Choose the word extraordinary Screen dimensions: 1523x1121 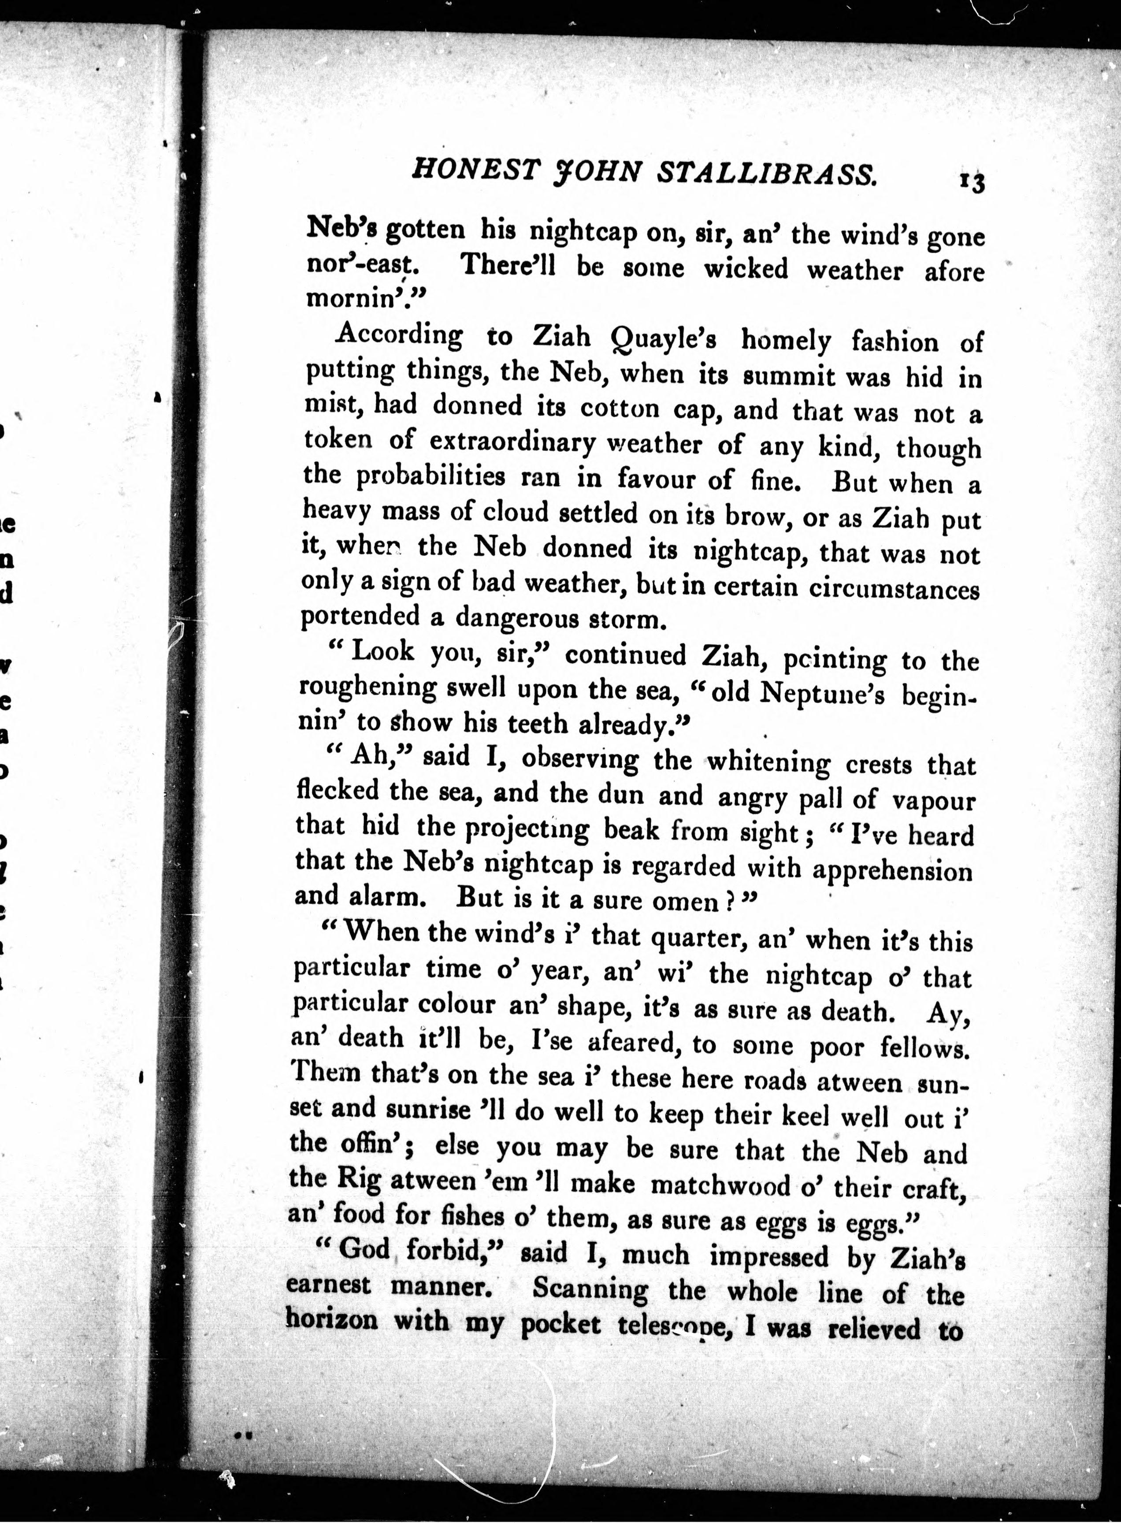click(x=512, y=442)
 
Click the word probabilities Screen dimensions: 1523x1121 click(x=431, y=476)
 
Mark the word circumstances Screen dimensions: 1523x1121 click(x=894, y=588)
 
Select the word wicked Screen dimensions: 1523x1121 click(x=745, y=269)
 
